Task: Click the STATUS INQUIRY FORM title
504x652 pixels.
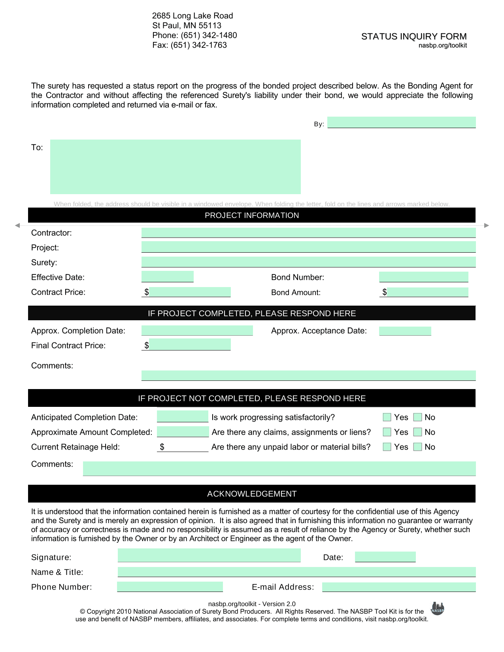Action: tap(413, 36)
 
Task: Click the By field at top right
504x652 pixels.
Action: tap(401, 123)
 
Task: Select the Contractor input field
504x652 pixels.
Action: tap(308, 232)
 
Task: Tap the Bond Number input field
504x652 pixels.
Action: tap(423, 277)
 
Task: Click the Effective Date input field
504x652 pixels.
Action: tap(168, 276)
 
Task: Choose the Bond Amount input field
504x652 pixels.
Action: tap(428, 292)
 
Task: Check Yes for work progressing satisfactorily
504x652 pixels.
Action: tap(387, 417)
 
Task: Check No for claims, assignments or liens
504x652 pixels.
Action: tap(418, 432)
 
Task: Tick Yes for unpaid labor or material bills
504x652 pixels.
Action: tap(387, 447)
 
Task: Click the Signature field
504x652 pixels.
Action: tap(209, 556)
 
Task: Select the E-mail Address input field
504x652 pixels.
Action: tap(399, 587)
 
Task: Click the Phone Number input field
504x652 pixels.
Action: tap(170, 587)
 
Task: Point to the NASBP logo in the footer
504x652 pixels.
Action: tap(437, 609)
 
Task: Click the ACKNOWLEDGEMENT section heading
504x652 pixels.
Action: tap(252, 494)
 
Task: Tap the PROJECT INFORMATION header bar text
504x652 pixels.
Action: tap(252, 215)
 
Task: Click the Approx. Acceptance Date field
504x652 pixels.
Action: tap(405, 331)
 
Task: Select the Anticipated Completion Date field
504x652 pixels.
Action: tap(183, 416)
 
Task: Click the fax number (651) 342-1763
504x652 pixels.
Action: tap(198, 45)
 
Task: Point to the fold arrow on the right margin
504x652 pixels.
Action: tap(487, 225)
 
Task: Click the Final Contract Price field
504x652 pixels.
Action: tap(190, 345)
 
